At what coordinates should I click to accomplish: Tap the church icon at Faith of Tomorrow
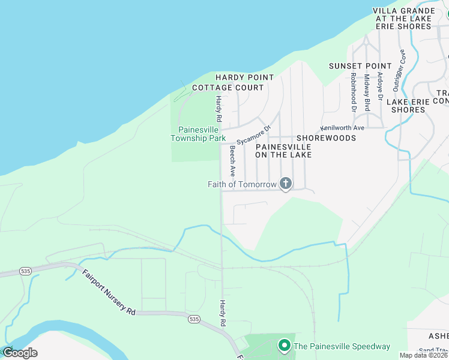[x=286, y=184]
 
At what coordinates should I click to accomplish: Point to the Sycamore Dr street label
[x=254, y=135]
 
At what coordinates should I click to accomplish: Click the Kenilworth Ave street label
[x=343, y=128]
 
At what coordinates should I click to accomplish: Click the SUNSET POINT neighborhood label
[x=360, y=65]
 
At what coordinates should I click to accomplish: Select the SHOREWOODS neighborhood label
[x=326, y=138]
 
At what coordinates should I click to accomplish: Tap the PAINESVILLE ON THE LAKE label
[x=283, y=151]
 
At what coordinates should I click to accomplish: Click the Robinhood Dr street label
[x=354, y=92]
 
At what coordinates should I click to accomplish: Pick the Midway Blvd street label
[x=367, y=92]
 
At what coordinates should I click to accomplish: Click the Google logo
[x=20, y=352]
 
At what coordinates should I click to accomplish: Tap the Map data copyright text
[x=424, y=355]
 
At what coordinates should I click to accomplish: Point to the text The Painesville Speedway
[x=342, y=346]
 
